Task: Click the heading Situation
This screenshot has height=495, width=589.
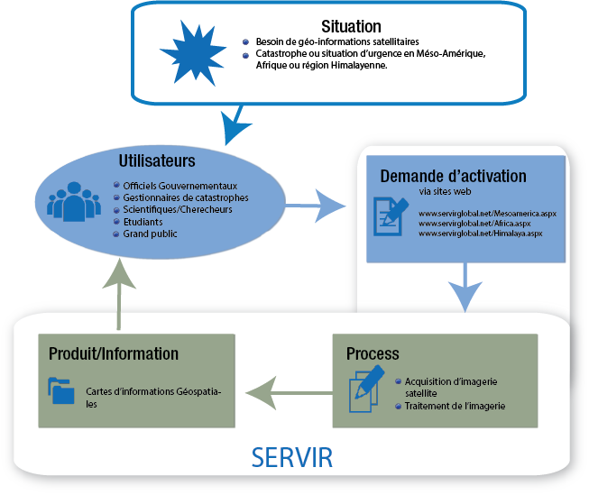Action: (x=351, y=27)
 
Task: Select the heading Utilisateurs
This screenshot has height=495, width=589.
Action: (x=157, y=162)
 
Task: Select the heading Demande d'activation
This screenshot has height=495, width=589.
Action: (x=453, y=175)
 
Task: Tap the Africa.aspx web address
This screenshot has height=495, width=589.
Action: (x=473, y=223)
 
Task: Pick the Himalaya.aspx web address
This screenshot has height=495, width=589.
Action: (x=479, y=234)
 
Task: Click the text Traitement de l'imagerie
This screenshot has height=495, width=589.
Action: (x=455, y=406)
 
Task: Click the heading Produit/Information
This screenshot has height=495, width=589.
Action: (x=114, y=353)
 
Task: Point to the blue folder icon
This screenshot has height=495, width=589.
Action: (x=62, y=392)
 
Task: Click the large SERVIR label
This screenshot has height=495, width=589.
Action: (x=292, y=457)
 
